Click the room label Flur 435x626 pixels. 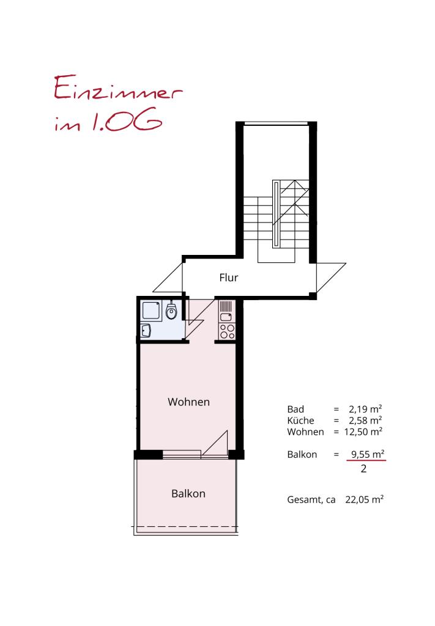[x=229, y=278]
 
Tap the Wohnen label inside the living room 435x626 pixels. [x=189, y=402]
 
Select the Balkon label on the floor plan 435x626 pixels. [x=188, y=493]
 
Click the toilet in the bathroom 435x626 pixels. [x=172, y=312]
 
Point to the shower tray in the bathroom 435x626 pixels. [x=150, y=311]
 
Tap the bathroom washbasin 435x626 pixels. [x=147, y=331]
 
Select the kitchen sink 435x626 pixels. [x=226, y=317]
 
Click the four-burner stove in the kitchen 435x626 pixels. [x=227, y=331]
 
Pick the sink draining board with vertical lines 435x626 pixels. [x=226, y=306]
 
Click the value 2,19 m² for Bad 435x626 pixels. [x=365, y=409]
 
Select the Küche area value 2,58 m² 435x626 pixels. [x=365, y=421]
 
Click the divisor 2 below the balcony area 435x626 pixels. [x=364, y=469]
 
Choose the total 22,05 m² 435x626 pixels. [x=363, y=499]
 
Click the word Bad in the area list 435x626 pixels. [x=295, y=409]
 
